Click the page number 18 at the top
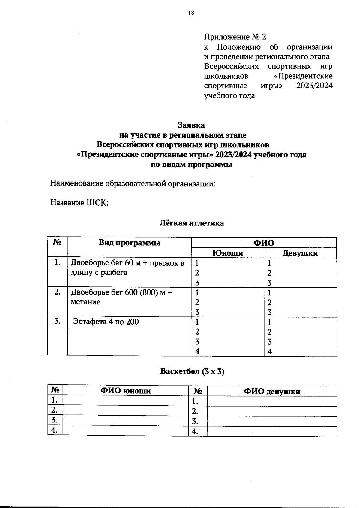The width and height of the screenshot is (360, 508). coord(191,13)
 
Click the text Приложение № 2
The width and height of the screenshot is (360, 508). coord(235,37)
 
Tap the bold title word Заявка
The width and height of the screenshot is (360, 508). coord(191,125)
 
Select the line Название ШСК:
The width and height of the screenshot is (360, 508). coord(79,203)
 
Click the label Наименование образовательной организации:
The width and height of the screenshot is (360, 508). coord(133,183)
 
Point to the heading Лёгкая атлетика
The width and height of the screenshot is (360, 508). coord(191,223)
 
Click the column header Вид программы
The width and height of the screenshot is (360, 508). coord(130,243)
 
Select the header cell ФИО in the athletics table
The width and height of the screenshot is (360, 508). coord(264,243)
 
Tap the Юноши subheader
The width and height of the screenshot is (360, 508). coord(228,253)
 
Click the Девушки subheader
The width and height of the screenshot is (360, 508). coord(300,253)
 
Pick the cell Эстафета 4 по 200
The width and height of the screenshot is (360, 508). coord(106,322)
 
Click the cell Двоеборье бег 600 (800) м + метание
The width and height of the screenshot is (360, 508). coord(121,297)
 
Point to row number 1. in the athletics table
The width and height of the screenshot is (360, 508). coord(58,262)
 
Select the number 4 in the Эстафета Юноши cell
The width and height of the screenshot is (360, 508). coord(197,351)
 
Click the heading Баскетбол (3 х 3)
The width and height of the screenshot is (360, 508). coord(192,372)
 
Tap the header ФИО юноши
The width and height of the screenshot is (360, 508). coord(125,391)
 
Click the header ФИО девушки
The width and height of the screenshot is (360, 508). coord(272,392)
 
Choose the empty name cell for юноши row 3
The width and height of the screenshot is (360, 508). coord(125,420)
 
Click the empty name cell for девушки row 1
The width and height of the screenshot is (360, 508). coord(272,401)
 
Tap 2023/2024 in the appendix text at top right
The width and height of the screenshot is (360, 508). coord(314,86)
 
